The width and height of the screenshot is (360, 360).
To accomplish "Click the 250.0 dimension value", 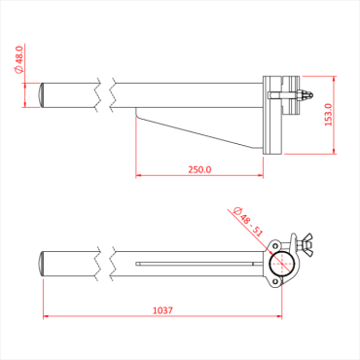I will click(199, 168).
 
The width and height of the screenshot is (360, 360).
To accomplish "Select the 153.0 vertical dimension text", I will click(328, 115).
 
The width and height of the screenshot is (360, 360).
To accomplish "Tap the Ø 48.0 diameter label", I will click(18, 61).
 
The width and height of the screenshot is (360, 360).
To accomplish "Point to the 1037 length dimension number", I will click(163, 310).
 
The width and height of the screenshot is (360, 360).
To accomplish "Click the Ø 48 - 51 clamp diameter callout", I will click(249, 223).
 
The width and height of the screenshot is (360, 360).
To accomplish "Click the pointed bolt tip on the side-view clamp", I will click(310, 95).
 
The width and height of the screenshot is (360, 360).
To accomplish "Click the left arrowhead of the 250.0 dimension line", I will click(138, 177).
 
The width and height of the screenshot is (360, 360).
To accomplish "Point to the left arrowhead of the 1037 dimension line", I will click(44, 318).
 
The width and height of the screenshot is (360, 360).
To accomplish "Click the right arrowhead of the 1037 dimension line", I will click(283, 318).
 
